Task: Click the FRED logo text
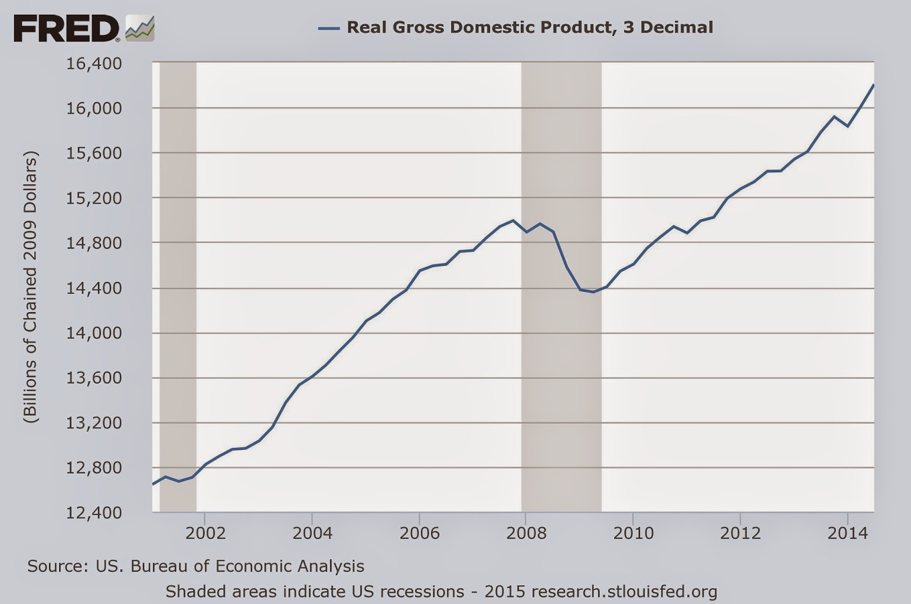tap(66, 28)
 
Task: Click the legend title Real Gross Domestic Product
tap(530, 27)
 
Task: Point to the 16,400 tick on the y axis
tap(94, 63)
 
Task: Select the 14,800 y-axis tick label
tap(94, 243)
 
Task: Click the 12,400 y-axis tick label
tap(94, 512)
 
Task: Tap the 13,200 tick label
tap(94, 423)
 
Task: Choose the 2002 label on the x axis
tap(206, 533)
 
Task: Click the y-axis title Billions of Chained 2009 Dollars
tap(30, 287)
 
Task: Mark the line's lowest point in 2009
tap(594, 292)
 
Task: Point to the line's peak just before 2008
tap(512, 221)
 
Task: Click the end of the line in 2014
tap(873, 85)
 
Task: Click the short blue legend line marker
tap(329, 27)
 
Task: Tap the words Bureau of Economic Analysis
tap(247, 566)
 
